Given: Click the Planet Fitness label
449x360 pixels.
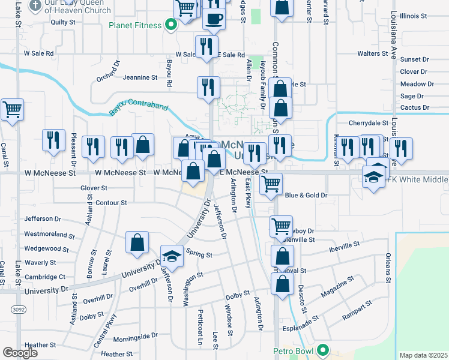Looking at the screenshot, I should pyautogui.click(x=135, y=26).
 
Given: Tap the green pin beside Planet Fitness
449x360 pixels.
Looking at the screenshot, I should pyautogui.click(x=170, y=25).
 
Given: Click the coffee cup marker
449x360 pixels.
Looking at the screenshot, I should pyautogui.click(x=214, y=19).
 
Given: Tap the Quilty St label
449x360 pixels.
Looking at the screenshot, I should pyautogui.click(x=63, y=22).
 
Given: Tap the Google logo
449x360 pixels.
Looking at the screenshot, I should pyautogui.click(x=20, y=353).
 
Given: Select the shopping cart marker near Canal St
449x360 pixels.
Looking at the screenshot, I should pyautogui.click(x=12, y=110).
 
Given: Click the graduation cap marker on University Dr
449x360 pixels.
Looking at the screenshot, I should pyautogui.click(x=172, y=256).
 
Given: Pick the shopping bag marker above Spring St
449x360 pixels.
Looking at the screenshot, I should pyautogui.click(x=137, y=243).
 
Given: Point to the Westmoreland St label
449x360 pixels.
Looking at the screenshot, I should pyautogui.click(x=49, y=235).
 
